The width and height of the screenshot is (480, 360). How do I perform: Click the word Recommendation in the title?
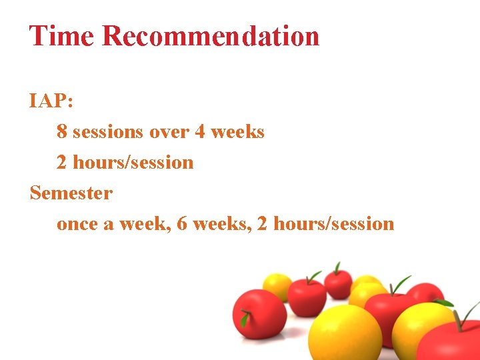[x=211, y=36]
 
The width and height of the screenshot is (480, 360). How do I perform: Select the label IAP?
[x=52, y=101]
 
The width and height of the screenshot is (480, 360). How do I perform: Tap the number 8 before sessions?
[x=62, y=132]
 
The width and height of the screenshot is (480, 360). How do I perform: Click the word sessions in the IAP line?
[x=107, y=132]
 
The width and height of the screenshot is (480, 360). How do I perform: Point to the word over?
[x=169, y=132]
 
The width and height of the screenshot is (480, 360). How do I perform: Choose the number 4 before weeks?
[x=200, y=132]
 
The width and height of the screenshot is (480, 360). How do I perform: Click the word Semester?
[x=71, y=193]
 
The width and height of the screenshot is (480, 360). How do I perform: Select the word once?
[x=77, y=224]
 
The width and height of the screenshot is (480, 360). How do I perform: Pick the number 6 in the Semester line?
[x=182, y=224]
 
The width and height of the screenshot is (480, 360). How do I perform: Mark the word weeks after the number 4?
[x=237, y=132]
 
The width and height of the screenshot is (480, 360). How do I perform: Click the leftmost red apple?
[x=259, y=313]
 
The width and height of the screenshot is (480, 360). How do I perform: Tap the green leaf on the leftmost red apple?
[x=245, y=320]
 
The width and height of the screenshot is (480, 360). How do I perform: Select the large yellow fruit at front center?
[x=345, y=331]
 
